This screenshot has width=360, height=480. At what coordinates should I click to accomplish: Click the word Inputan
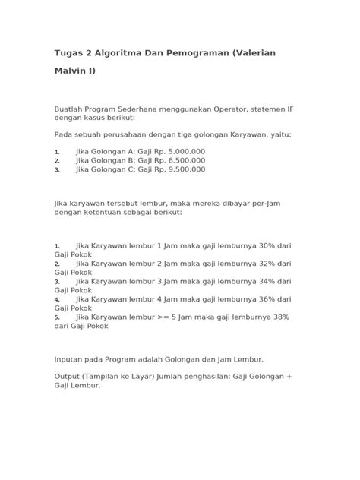tap(73, 358)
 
